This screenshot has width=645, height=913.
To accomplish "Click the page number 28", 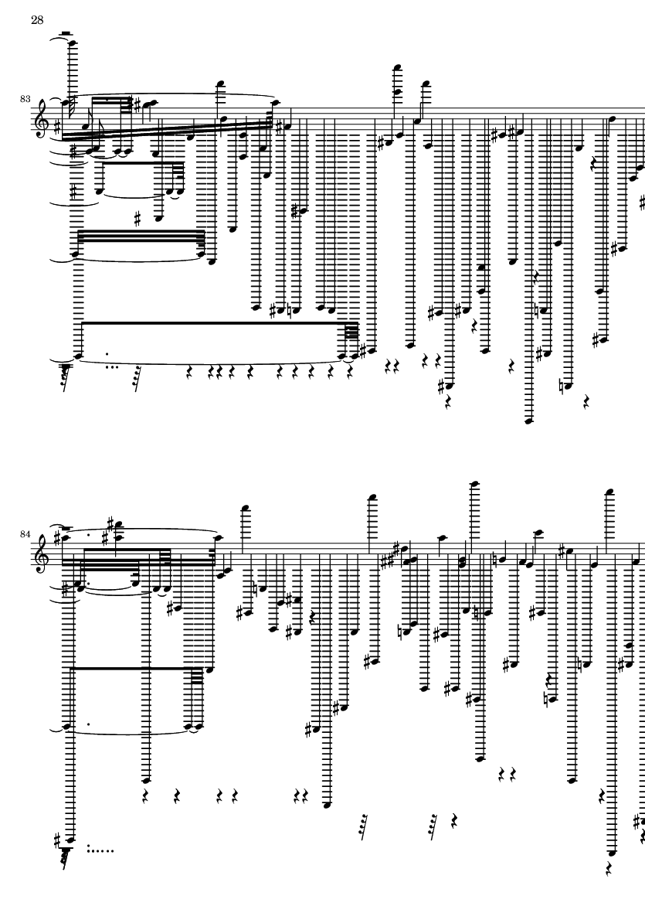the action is point(37,20).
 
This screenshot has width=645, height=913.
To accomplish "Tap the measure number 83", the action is point(25,99).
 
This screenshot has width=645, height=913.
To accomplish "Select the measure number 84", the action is point(25,534).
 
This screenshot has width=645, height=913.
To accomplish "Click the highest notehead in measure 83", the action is point(72,43).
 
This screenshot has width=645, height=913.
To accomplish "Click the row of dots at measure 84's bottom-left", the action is point(100,850).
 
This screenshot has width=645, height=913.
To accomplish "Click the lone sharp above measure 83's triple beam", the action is point(137,220).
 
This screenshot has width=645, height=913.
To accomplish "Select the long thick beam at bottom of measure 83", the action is point(220,322).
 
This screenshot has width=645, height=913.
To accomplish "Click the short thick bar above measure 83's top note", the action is point(66,33).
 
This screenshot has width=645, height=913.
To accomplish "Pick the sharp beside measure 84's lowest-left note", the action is point(57,839).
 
